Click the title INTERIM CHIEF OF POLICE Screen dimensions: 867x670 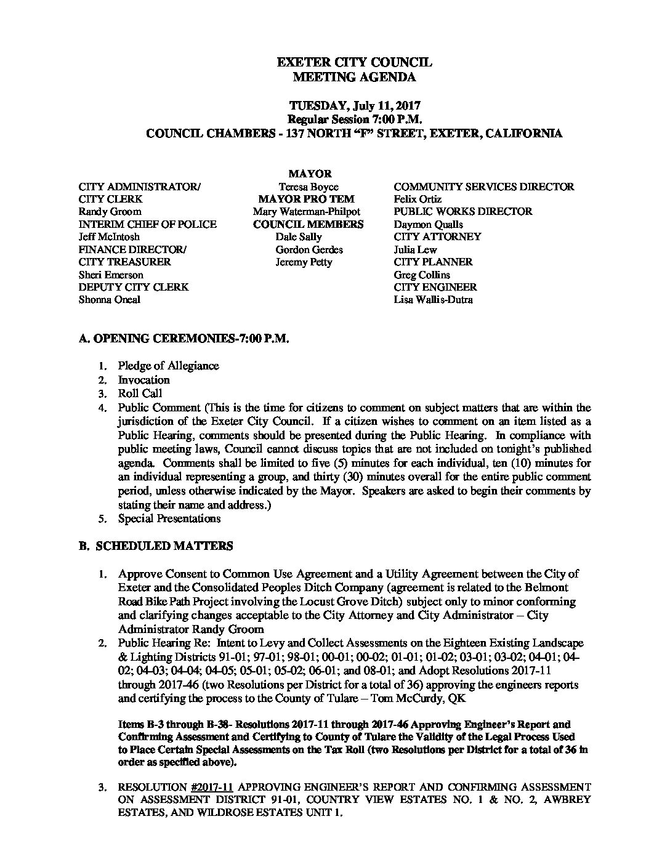(x=148, y=224)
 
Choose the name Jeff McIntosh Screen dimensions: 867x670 (x=109, y=237)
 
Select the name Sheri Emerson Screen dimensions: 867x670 (x=111, y=275)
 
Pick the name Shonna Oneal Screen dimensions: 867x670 (x=109, y=300)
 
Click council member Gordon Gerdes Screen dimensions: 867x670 (x=309, y=249)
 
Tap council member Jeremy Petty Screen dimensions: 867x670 (x=304, y=262)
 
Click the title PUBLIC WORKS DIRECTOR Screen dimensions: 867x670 (x=463, y=212)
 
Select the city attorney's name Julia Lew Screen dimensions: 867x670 (x=415, y=249)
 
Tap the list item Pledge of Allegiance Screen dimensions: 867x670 (x=168, y=366)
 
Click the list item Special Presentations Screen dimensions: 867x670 (x=169, y=518)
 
